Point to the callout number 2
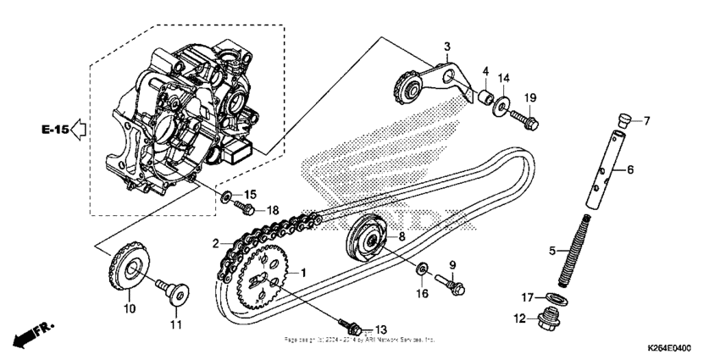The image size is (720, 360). pos(217,244)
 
